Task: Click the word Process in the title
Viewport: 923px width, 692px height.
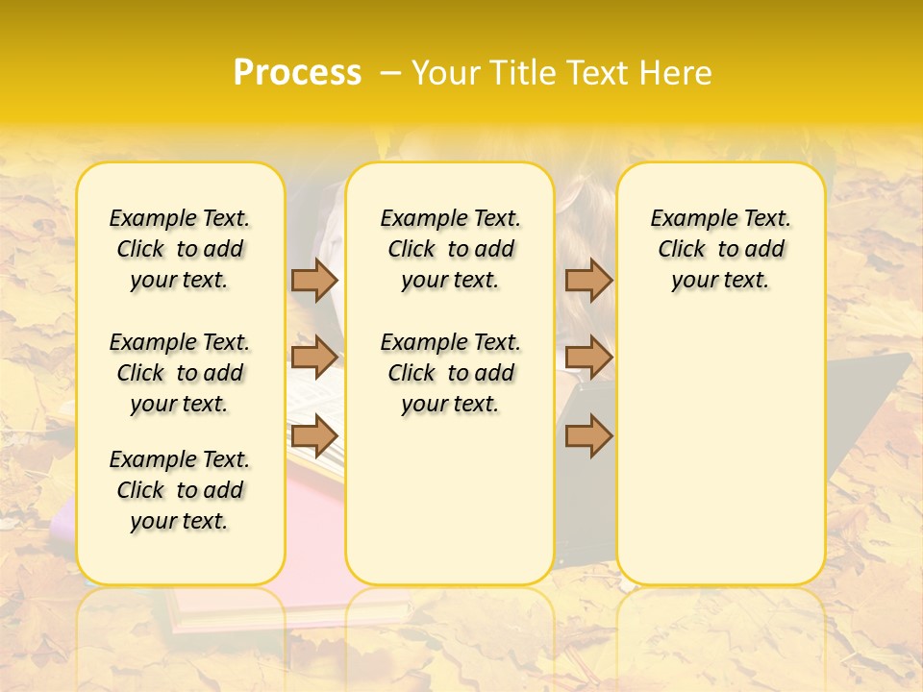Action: pyautogui.click(x=297, y=73)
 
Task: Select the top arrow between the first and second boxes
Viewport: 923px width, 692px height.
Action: pyautogui.click(x=314, y=280)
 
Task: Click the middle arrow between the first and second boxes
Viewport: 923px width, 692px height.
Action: pyautogui.click(x=314, y=358)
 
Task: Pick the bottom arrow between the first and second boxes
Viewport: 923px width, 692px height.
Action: pyautogui.click(x=314, y=435)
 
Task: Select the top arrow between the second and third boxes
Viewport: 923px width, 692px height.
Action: pyautogui.click(x=588, y=280)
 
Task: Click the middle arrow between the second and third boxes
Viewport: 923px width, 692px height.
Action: pyautogui.click(x=588, y=358)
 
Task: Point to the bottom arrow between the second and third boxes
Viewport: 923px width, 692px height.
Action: pyautogui.click(x=588, y=435)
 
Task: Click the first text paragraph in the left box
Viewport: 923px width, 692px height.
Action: pyautogui.click(x=180, y=249)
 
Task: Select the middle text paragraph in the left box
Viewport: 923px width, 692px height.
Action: pyautogui.click(x=180, y=373)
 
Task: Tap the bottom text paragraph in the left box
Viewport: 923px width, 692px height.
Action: pyautogui.click(x=180, y=490)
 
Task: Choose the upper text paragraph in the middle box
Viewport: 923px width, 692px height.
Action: pyautogui.click(x=450, y=249)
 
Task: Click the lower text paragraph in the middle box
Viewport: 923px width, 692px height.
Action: pyautogui.click(x=450, y=373)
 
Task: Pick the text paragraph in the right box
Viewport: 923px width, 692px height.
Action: pyautogui.click(x=720, y=249)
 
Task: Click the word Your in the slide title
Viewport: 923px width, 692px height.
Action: pyautogui.click(x=443, y=73)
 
